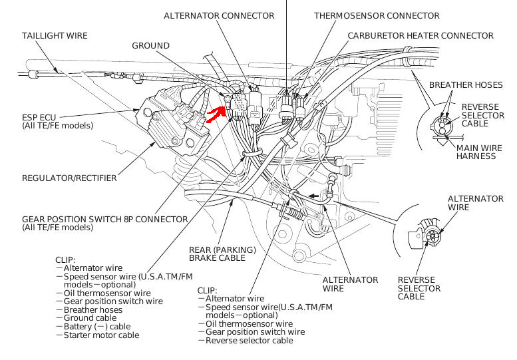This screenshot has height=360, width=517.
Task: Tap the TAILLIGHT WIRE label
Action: coord(55,35)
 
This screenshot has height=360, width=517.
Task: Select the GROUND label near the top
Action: coord(150,45)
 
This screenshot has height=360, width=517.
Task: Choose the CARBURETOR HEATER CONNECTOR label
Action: coord(421,35)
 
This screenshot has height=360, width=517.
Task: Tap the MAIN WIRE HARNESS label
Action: coord(476,152)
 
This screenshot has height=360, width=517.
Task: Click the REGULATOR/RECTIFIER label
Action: coord(69,178)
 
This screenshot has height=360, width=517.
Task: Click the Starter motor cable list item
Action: coord(101,335)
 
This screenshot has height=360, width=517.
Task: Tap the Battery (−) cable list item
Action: coord(97,326)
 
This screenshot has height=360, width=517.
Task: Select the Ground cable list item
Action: coord(90,317)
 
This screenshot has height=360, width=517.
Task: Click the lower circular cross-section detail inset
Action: coord(425,234)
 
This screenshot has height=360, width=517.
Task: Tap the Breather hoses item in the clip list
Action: coord(93,309)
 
